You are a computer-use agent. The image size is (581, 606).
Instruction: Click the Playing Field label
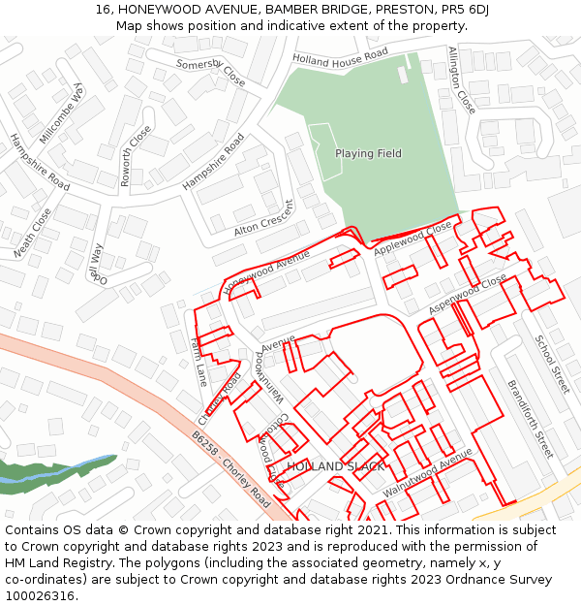point(368,153)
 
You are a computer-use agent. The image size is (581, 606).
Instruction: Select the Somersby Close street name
point(210,71)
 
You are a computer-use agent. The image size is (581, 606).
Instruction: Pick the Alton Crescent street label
point(263,220)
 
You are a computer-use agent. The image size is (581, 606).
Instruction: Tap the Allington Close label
point(462,80)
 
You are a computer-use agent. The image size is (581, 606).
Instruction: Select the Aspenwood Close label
point(468,293)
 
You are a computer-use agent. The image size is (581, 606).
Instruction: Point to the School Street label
point(552,365)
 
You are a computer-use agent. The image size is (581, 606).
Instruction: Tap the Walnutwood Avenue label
point(427,472)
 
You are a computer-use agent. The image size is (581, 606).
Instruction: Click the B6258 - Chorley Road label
point(230,470)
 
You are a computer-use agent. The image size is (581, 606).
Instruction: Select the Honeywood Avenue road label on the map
point(266,271)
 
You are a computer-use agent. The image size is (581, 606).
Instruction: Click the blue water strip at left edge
point(19,474)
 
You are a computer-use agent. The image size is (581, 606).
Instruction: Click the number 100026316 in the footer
point(40,595)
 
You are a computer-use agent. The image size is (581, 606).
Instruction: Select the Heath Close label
point(31,234)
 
